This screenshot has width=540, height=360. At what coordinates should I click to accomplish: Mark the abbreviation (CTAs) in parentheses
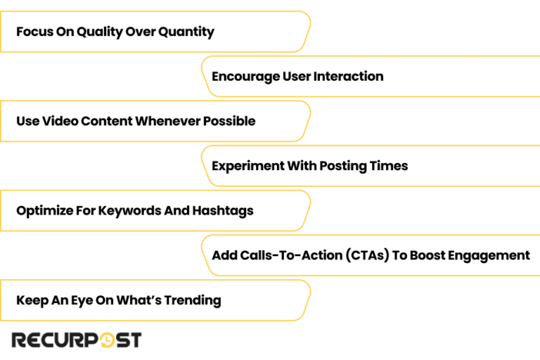(367, 255)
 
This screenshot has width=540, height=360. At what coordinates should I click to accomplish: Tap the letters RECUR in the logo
(46, 340)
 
